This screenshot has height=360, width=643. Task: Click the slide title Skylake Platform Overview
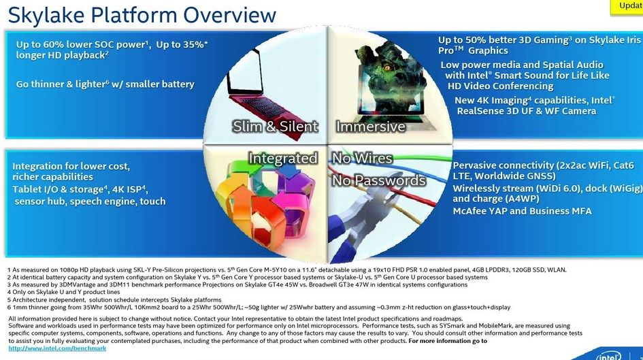(x=142, y=15)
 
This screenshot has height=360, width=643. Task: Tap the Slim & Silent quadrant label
(x=275, y=127)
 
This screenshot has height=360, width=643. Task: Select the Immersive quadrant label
(x=371, y=127)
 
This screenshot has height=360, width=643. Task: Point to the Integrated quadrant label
(x=283, y=159)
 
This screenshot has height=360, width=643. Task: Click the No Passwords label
(x=379, y=180)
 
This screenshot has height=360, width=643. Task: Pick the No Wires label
(x=362, y=159)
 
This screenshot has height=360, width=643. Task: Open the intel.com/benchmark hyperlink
(x=57, y=348)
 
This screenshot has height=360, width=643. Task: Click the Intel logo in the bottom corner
(x=609, y=355)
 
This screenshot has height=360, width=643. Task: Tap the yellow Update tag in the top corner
(x=627, y=7)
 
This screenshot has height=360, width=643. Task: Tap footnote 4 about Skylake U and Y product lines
(x=63, y=292)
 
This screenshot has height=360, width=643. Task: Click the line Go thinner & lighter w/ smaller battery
(x=105, y=84)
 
